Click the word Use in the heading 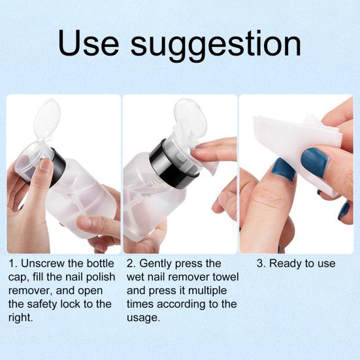pos(88,42)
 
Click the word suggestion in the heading pos(216,46)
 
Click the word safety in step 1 pos(42,304)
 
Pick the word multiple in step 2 pos(206,291)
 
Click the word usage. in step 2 pos(143,318)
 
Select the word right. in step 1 pos(21,318)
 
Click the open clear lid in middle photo pos(190,118)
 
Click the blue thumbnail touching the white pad pos(314,163)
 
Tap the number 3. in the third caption pos(261,263)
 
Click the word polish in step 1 pos(101,277)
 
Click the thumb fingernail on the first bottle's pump pos(46,165)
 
